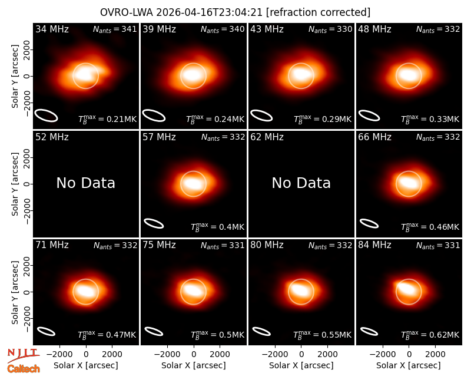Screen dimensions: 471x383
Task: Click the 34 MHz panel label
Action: pos(52,29)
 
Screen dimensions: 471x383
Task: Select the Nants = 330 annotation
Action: pos(330,29)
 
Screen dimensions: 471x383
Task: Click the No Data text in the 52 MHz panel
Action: pos(85,183)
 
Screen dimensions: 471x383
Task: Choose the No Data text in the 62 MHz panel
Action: pos(301,183)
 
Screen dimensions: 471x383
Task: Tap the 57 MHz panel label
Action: pos(159,137)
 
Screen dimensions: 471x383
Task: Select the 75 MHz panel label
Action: pos(159,245)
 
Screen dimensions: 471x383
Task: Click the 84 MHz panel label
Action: pos(374,245)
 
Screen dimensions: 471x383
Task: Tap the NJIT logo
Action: pos(23,355)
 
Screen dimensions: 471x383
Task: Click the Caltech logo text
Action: pos(24,369)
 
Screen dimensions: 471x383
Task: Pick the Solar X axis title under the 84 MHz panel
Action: pos(409,365)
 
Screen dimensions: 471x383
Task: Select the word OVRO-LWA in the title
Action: pos(127,12)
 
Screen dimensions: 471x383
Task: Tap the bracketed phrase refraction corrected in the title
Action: pos(319,12)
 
